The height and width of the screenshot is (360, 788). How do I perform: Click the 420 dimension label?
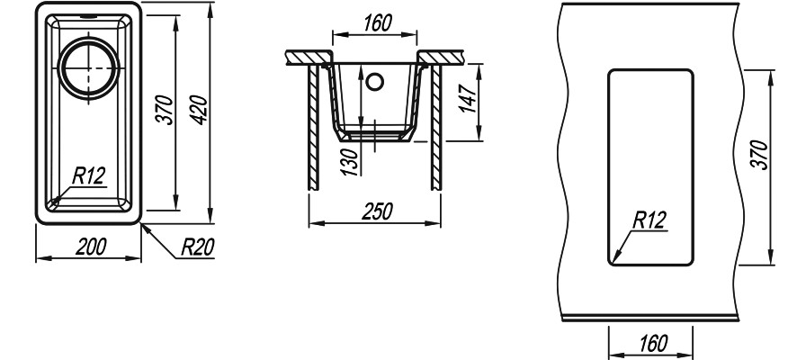pyautogui.click(x=200, y=110)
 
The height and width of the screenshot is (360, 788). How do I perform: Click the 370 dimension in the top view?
pyautogui.click(x=165, y=110)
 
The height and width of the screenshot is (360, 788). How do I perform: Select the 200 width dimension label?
pyautogui.click(x=91, y=247)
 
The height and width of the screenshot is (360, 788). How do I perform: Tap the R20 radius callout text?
pyautogui.click(x=198, y=247)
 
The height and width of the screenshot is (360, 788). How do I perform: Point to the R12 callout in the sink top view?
pyautogui.click(x=89, y=176)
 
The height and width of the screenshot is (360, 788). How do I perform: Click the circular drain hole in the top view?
pyautogui.click(x=89, y=67)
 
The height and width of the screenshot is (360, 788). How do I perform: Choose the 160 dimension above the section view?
pyautogui.click(x=376, y=22)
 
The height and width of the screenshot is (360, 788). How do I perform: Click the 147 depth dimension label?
pyautogui.click(x=468, y=98)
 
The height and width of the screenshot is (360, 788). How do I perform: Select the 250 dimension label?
pyautogui.click(x=377, y=211)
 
